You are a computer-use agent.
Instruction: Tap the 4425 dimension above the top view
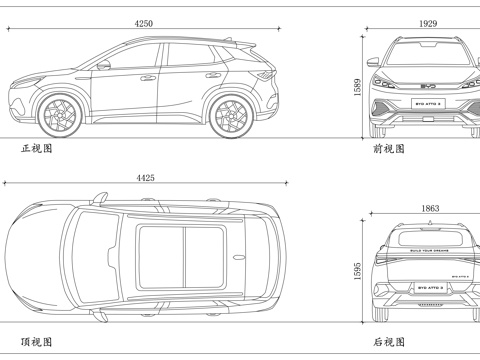point(146,178)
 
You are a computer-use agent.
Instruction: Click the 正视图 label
point(36,148)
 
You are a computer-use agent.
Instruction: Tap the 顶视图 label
point(36,340)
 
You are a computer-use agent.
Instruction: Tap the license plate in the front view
point(427,103)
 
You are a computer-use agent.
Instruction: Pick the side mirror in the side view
point(103,65)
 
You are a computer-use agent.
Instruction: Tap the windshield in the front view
point(427,56)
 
